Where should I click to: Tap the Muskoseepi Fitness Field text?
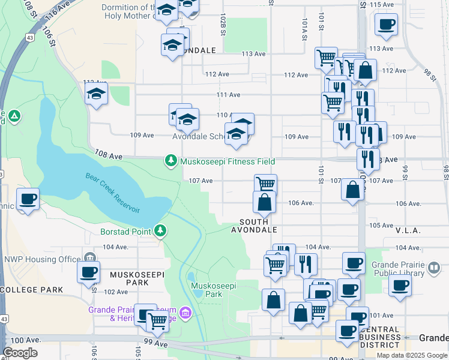tap(228, 161)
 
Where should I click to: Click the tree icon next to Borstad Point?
tap(160, 230)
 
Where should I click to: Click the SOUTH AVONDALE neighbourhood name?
tap(258, 226)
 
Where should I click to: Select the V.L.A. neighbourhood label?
tap(408, 230)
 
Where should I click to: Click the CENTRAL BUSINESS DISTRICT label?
tap(381, 337)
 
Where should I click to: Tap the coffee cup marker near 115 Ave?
tap(386, 25)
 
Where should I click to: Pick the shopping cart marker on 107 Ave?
tap(265, 184)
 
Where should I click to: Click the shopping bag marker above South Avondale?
tap(264, 203)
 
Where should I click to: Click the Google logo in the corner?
tap(20, 353)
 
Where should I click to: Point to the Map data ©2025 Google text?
tap(411, 355)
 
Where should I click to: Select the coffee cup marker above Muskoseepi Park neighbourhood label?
tap(89, 272)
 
